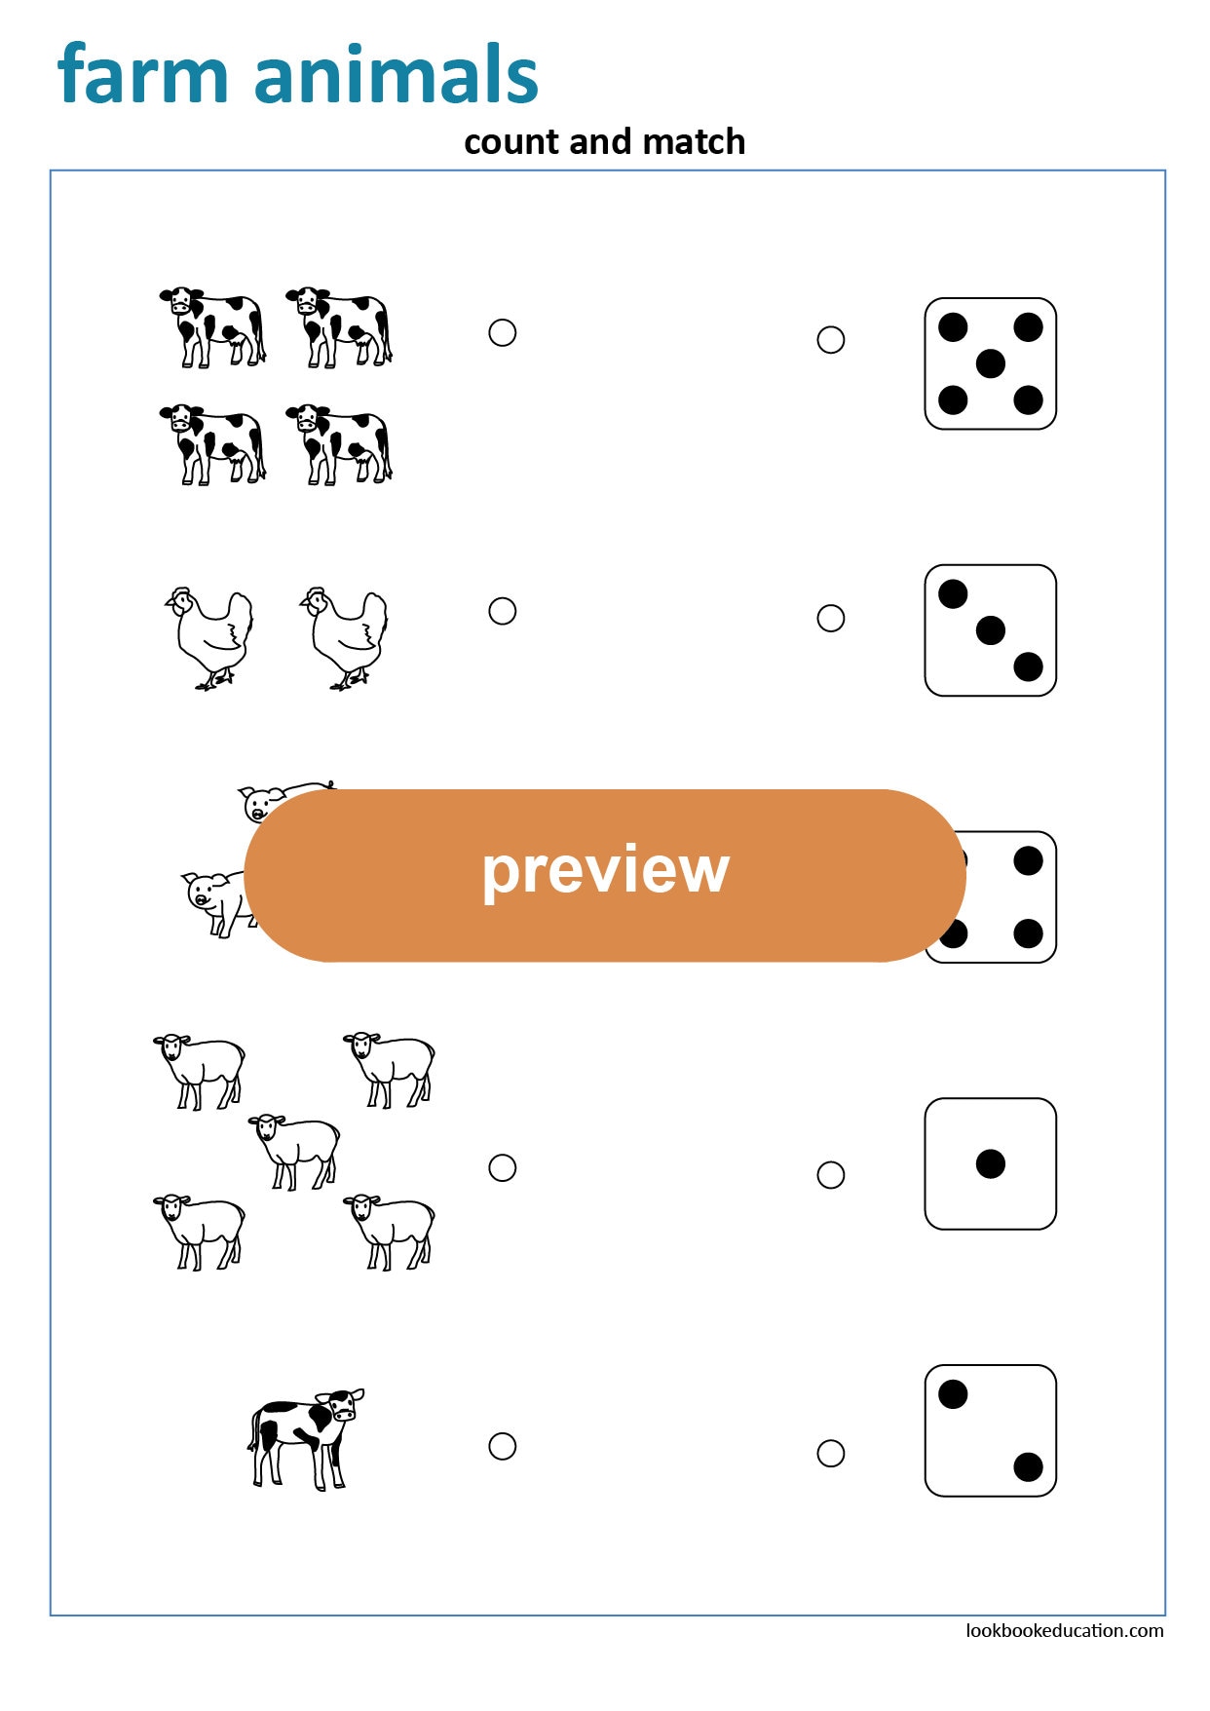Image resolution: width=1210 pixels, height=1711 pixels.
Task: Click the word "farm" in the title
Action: point(142,75)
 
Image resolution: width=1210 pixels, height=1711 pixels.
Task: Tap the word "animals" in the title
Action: point(396,75)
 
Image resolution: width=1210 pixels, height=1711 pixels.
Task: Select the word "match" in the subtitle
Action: point(694,142)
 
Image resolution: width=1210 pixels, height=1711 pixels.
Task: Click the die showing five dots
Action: point(990,363)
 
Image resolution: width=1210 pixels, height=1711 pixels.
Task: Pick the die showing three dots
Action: point(990,630)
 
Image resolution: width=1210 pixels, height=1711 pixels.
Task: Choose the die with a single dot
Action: point(990,1163)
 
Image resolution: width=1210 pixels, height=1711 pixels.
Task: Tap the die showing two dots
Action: point(990,1430)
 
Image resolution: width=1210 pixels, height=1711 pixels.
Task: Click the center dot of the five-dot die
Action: point(990,363)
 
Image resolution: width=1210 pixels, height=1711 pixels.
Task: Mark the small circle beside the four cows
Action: point(502,333)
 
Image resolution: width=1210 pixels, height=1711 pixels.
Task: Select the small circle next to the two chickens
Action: point(502,611)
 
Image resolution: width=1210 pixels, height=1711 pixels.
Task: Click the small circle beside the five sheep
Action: point(502,1167)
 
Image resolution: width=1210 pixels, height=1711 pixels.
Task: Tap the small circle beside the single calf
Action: point(502,1446)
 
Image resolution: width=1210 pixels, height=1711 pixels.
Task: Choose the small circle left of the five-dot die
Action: point(830,340)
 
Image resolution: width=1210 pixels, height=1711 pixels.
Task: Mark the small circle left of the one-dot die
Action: point(830,1174)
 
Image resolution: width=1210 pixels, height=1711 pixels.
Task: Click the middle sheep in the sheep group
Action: point(295,1150)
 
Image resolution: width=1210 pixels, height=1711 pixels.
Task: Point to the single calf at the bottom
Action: point(305,1437)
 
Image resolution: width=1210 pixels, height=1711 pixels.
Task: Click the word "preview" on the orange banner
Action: point(605,870)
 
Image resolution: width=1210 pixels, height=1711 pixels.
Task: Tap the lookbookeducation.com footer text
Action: point(1064,1630)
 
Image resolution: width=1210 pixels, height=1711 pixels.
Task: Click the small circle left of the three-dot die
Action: point(830,618)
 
